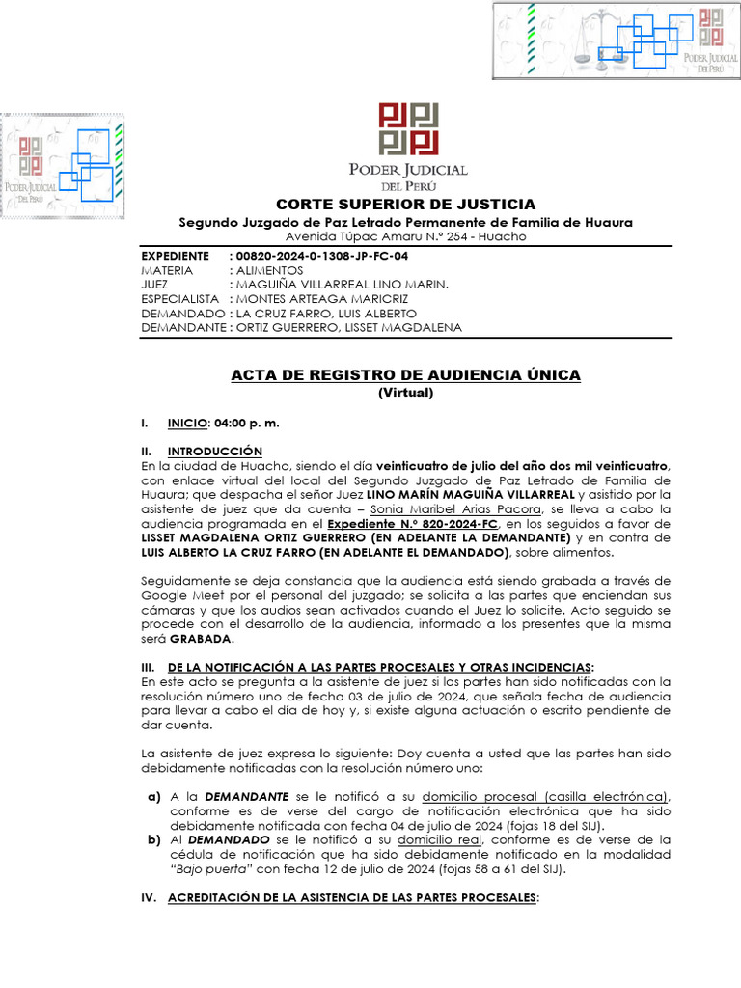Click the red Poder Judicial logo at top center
tap(408, 128)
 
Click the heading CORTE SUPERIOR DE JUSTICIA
tap(405, 205)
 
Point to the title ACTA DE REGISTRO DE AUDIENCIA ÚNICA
tap(405, 375)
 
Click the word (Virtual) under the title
tap(405, 393)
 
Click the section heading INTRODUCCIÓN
tap(215, 451)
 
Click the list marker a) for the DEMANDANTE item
tap(153, 796)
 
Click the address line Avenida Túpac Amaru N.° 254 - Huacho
tap(405, 237)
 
